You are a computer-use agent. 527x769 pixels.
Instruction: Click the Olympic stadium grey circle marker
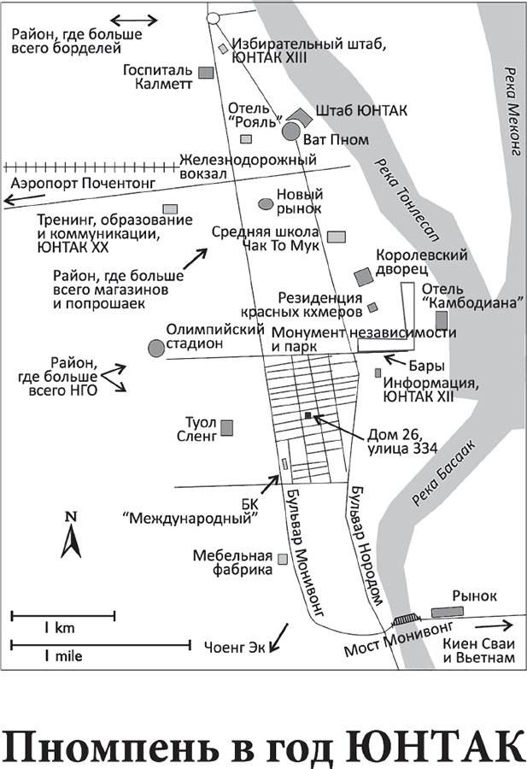tap(155, 348)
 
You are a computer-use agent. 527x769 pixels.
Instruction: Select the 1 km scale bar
tap(62, 615)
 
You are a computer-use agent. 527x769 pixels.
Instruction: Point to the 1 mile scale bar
tap(100, 643)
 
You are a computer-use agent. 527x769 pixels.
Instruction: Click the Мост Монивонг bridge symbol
tap(406, 620)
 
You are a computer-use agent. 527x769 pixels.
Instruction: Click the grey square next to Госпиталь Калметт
tap(205, 73)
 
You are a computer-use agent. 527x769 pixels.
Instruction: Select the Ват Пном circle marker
tap(290, 131)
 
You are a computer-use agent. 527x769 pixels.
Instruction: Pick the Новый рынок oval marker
tap(266, 203)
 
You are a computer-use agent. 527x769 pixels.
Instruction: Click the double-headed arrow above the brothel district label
tap(135, 21)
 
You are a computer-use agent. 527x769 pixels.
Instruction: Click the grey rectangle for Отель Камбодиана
tap(441, 321)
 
